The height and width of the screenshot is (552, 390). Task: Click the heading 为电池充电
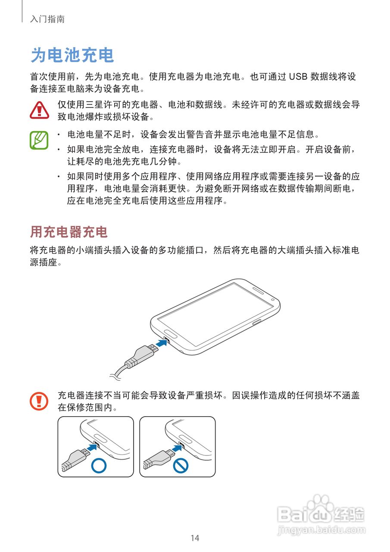click(x=72, y=56)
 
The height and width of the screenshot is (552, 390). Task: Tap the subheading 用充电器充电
click(x=69, y=232)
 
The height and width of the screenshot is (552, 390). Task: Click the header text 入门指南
click(x=47, y=19)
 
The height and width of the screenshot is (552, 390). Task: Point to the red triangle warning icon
click(x=40, y=110)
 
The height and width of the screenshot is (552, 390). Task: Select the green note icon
click(x=39, y=140)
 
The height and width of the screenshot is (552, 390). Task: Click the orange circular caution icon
click(x=39, y=401)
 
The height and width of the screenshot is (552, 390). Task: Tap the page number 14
click(x=195, y=538)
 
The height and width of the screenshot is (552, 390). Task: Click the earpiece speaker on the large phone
click(x=260, y=290)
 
